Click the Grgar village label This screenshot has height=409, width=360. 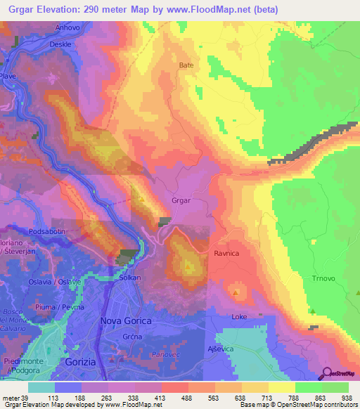coord(181,200)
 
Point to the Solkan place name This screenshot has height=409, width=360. coord(129,278)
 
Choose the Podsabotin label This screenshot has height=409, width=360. coord(47,231)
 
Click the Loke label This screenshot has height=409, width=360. coord(240,317)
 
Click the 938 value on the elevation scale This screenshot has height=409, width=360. coord(346,397)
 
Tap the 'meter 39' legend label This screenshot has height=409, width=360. coord(14,397)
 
